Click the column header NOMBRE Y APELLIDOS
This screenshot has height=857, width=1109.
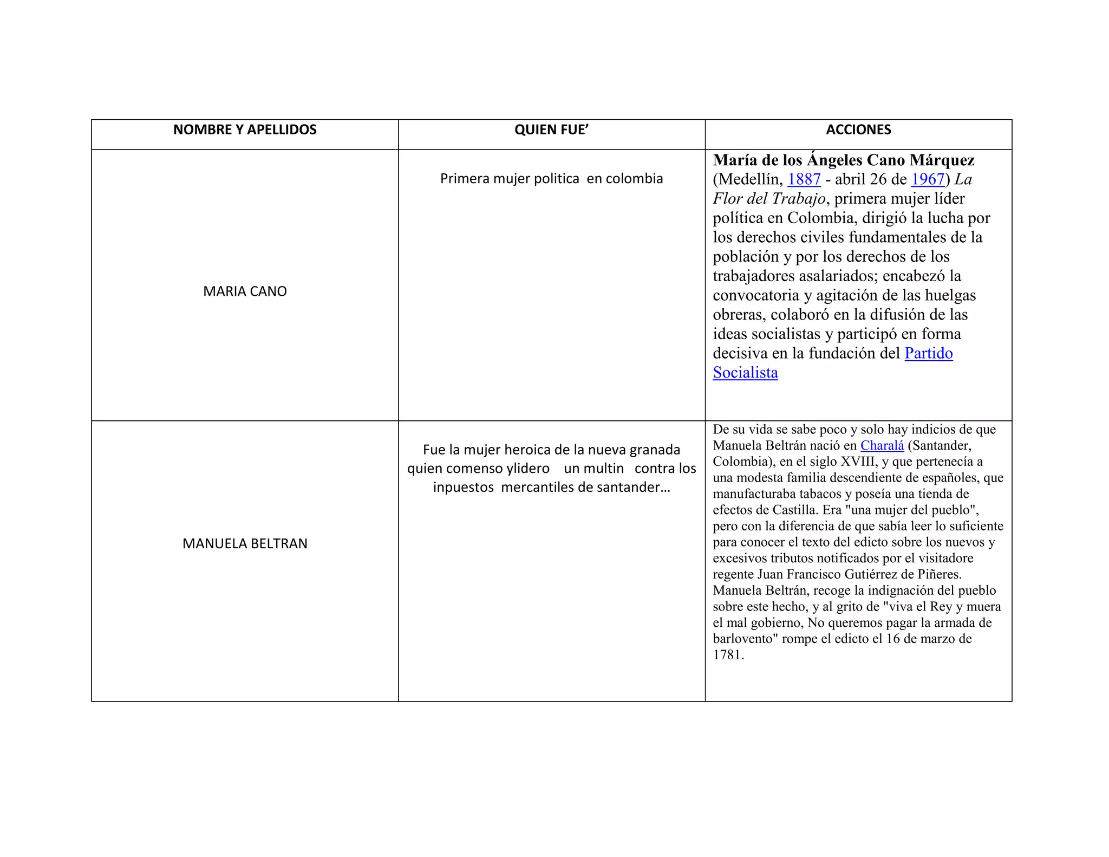pyautogui.click(x=245, y=130)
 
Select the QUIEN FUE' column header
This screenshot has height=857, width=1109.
pyautogui.click(x=551, y=130)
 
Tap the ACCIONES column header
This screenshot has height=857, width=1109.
pyautogui.click(x=858, y=130)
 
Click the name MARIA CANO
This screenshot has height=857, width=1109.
pyautogui.click(x=245, y=291)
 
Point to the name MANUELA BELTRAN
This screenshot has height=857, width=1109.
pyautogui.click(x=245, y=543)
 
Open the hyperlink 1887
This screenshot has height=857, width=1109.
pyautogui.click(x=804, y=179)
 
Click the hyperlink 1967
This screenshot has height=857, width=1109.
pyautogui.click(x=928, y=179)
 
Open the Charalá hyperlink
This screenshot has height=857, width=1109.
pyautogui.click(x=882, y=446)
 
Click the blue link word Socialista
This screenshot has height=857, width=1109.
pyautogui.click(x=745, y=373)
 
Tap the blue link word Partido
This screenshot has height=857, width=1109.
pyautogui.click(x=929, y=353)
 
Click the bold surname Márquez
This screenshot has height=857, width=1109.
pyautogui.click(x=942, y=160)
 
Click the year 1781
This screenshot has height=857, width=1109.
pyautogui.click(x=728, y=655)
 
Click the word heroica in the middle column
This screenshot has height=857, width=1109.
pyautogui.click(x=528, y=450)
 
